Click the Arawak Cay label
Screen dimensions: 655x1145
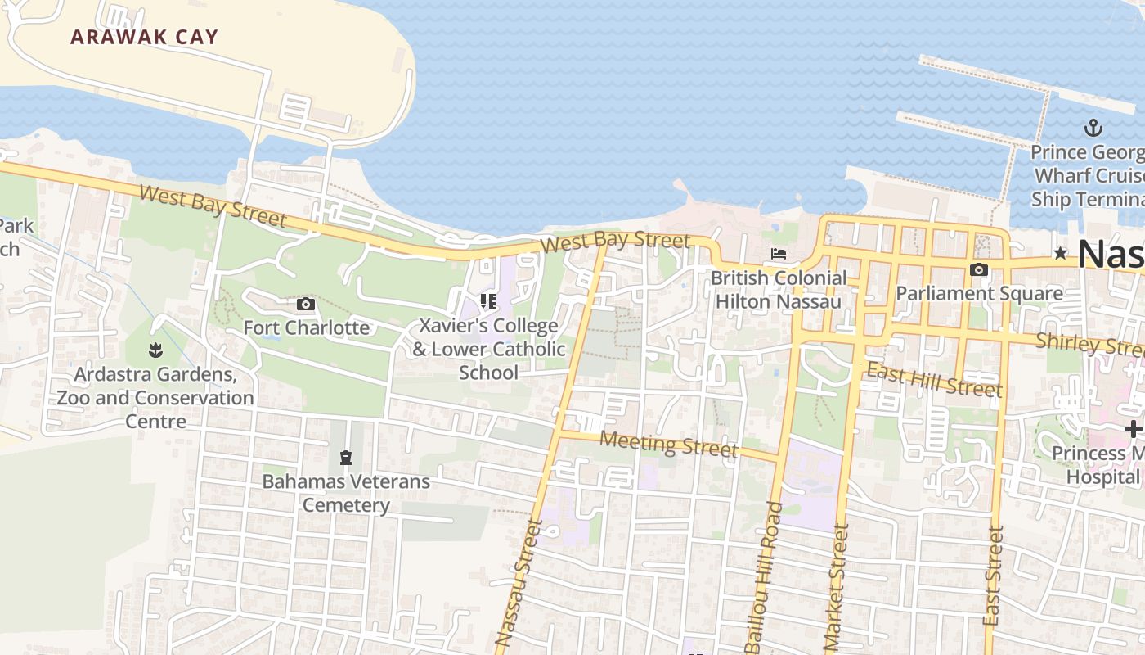(x=144, y=37)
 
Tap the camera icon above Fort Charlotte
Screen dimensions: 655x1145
(x=306, y=305)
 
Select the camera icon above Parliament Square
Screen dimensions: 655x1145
(x=978, y=269)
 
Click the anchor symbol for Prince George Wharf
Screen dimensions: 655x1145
(x=1093, y=128)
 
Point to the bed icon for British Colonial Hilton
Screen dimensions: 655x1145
(x=778, y=254)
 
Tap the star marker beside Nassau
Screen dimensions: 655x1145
(x=1061, y=253)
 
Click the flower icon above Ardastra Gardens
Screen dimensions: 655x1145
(x=155, y=351)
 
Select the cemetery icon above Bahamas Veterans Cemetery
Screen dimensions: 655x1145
(x=345, y=457)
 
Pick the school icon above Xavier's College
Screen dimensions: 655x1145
(x=488, y=301)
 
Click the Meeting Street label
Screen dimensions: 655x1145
(x=668, y=444)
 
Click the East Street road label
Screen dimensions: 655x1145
(x=994, y=576)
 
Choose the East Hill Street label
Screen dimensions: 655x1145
(x=933, y=380)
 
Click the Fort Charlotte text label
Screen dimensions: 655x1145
(x=307, y=328)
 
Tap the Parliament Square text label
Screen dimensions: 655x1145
(x=979, y=294)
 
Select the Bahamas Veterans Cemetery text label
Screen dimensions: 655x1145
(x=346, y=493)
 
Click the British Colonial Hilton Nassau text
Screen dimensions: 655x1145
(x=778, y=290)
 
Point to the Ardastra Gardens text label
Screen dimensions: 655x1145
(x=155, y=398)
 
